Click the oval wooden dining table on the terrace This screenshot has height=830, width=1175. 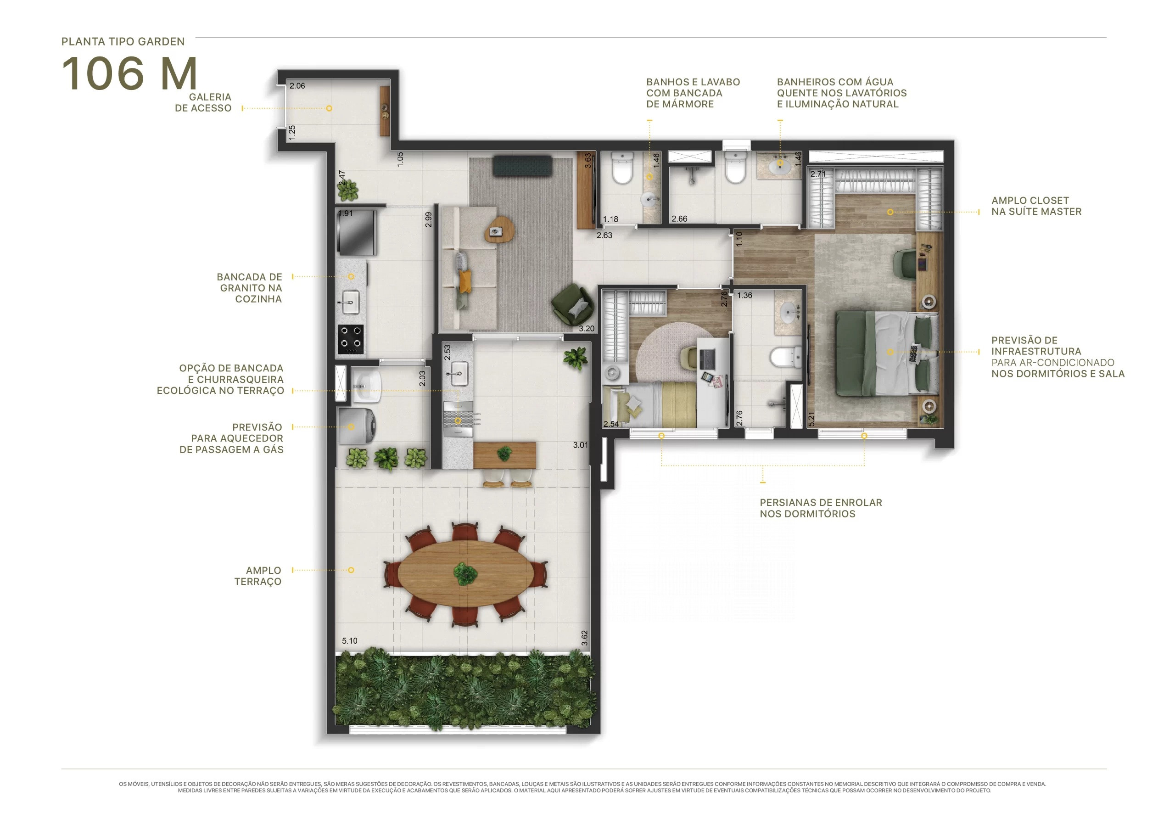[x=466, y=574]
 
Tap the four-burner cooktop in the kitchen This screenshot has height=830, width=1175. [x=351, y=339]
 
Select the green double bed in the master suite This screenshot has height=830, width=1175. [x=888, y=353]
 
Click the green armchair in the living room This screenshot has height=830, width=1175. [x=573, y=304]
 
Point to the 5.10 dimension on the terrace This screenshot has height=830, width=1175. [x=350, y=641]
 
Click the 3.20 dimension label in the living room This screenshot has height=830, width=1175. [x=587, y=329]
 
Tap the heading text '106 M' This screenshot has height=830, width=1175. [x=129, y=73]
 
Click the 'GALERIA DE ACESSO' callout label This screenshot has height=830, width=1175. [x=203, y=102]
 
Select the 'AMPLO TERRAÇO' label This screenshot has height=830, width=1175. [x=258, y=576]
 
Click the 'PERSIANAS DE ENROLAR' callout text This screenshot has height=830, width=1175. [x=821, y=503]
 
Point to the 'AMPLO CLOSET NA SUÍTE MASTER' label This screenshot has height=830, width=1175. [x=1036, y=206]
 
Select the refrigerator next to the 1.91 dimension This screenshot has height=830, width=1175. [x=356, y=232]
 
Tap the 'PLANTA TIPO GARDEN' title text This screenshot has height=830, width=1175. [x=123, y=41]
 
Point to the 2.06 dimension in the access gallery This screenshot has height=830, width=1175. [x=297, y=85]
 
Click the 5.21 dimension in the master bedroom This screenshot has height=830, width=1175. [x=811, y=419]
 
